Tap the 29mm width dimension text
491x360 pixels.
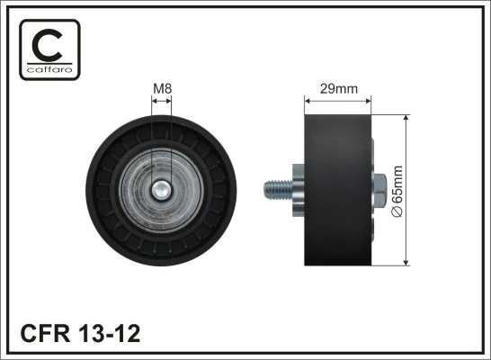coord(339,88)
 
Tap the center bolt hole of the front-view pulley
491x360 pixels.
coord(163,191)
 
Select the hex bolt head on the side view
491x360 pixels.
coord(379,191)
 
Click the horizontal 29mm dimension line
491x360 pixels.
coord(339,101)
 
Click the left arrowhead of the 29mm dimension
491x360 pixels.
coord(309,101)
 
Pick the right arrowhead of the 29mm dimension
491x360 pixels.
coord(369,101)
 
